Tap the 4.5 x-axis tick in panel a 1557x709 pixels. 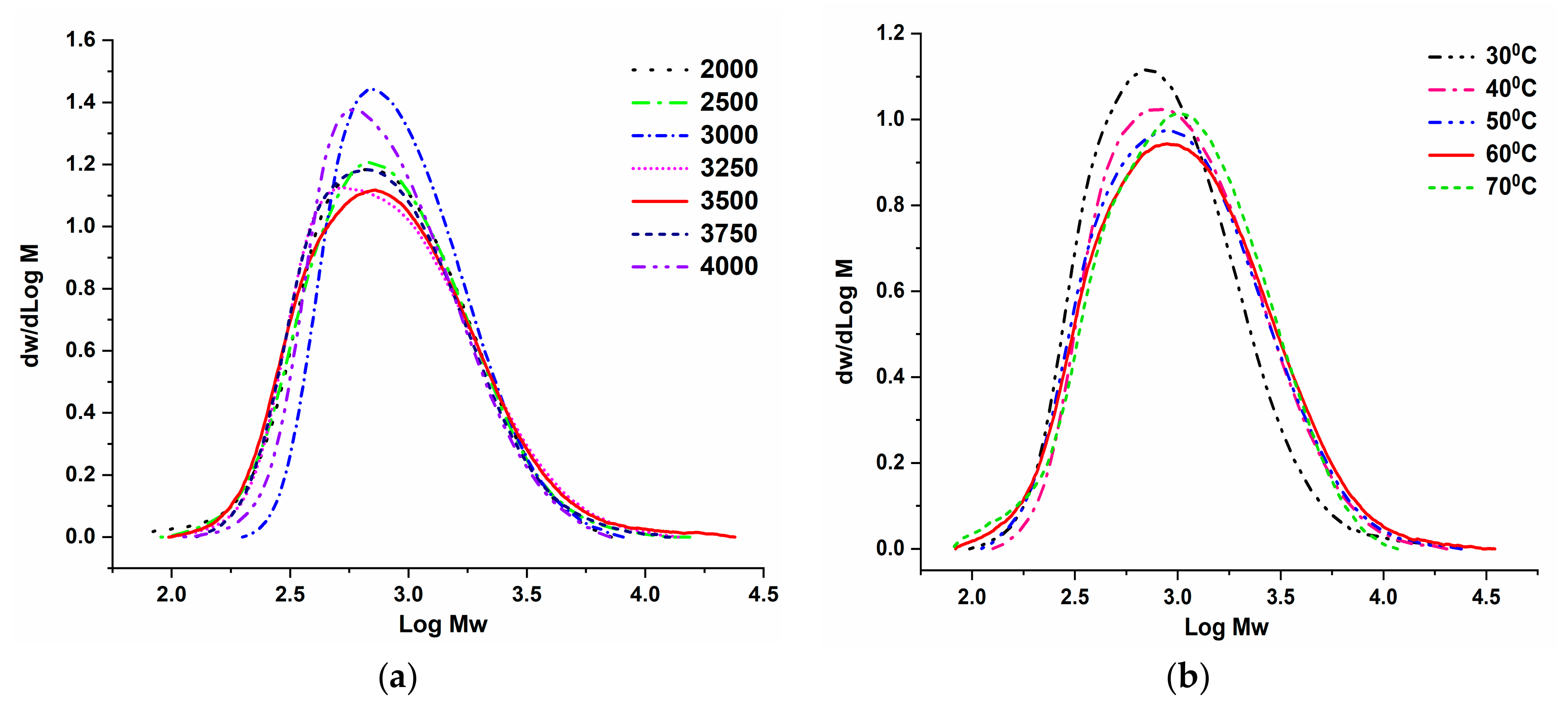763,595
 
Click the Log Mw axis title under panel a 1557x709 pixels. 443,624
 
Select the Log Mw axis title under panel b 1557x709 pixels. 1226,627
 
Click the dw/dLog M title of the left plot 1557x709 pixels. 30,305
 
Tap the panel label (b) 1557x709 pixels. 1187,676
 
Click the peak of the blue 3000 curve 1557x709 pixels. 373,89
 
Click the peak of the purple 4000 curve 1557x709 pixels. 352,110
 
